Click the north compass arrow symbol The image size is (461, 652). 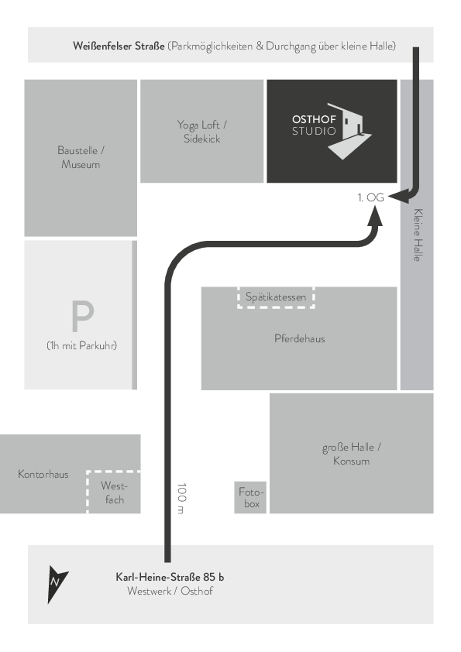pos(56,583)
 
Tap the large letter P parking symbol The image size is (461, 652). pos(82,316)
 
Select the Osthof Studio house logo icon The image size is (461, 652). pos(349,131)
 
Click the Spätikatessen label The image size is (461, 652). pos(276,297)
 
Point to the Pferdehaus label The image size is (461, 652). pos(300,338)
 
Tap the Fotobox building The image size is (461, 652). pos(250,497)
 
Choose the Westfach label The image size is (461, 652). pos(114,492)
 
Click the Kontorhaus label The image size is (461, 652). pos(43,474)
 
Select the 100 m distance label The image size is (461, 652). pos(182,498)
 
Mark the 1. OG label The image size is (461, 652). pos(370,197)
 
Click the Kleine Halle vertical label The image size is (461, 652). pos(418,235)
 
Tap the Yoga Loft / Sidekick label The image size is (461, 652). pos(201,132)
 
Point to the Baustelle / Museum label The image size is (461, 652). pos(81,157)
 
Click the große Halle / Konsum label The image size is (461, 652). pos(352,454)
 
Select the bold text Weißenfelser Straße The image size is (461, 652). pos(119,46)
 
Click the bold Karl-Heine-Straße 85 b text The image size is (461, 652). pos(170,577)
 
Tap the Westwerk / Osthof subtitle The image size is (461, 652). pos(170,591)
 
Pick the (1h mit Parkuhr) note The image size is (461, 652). pos(81,345)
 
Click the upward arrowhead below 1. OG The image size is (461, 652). pos(375,216)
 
